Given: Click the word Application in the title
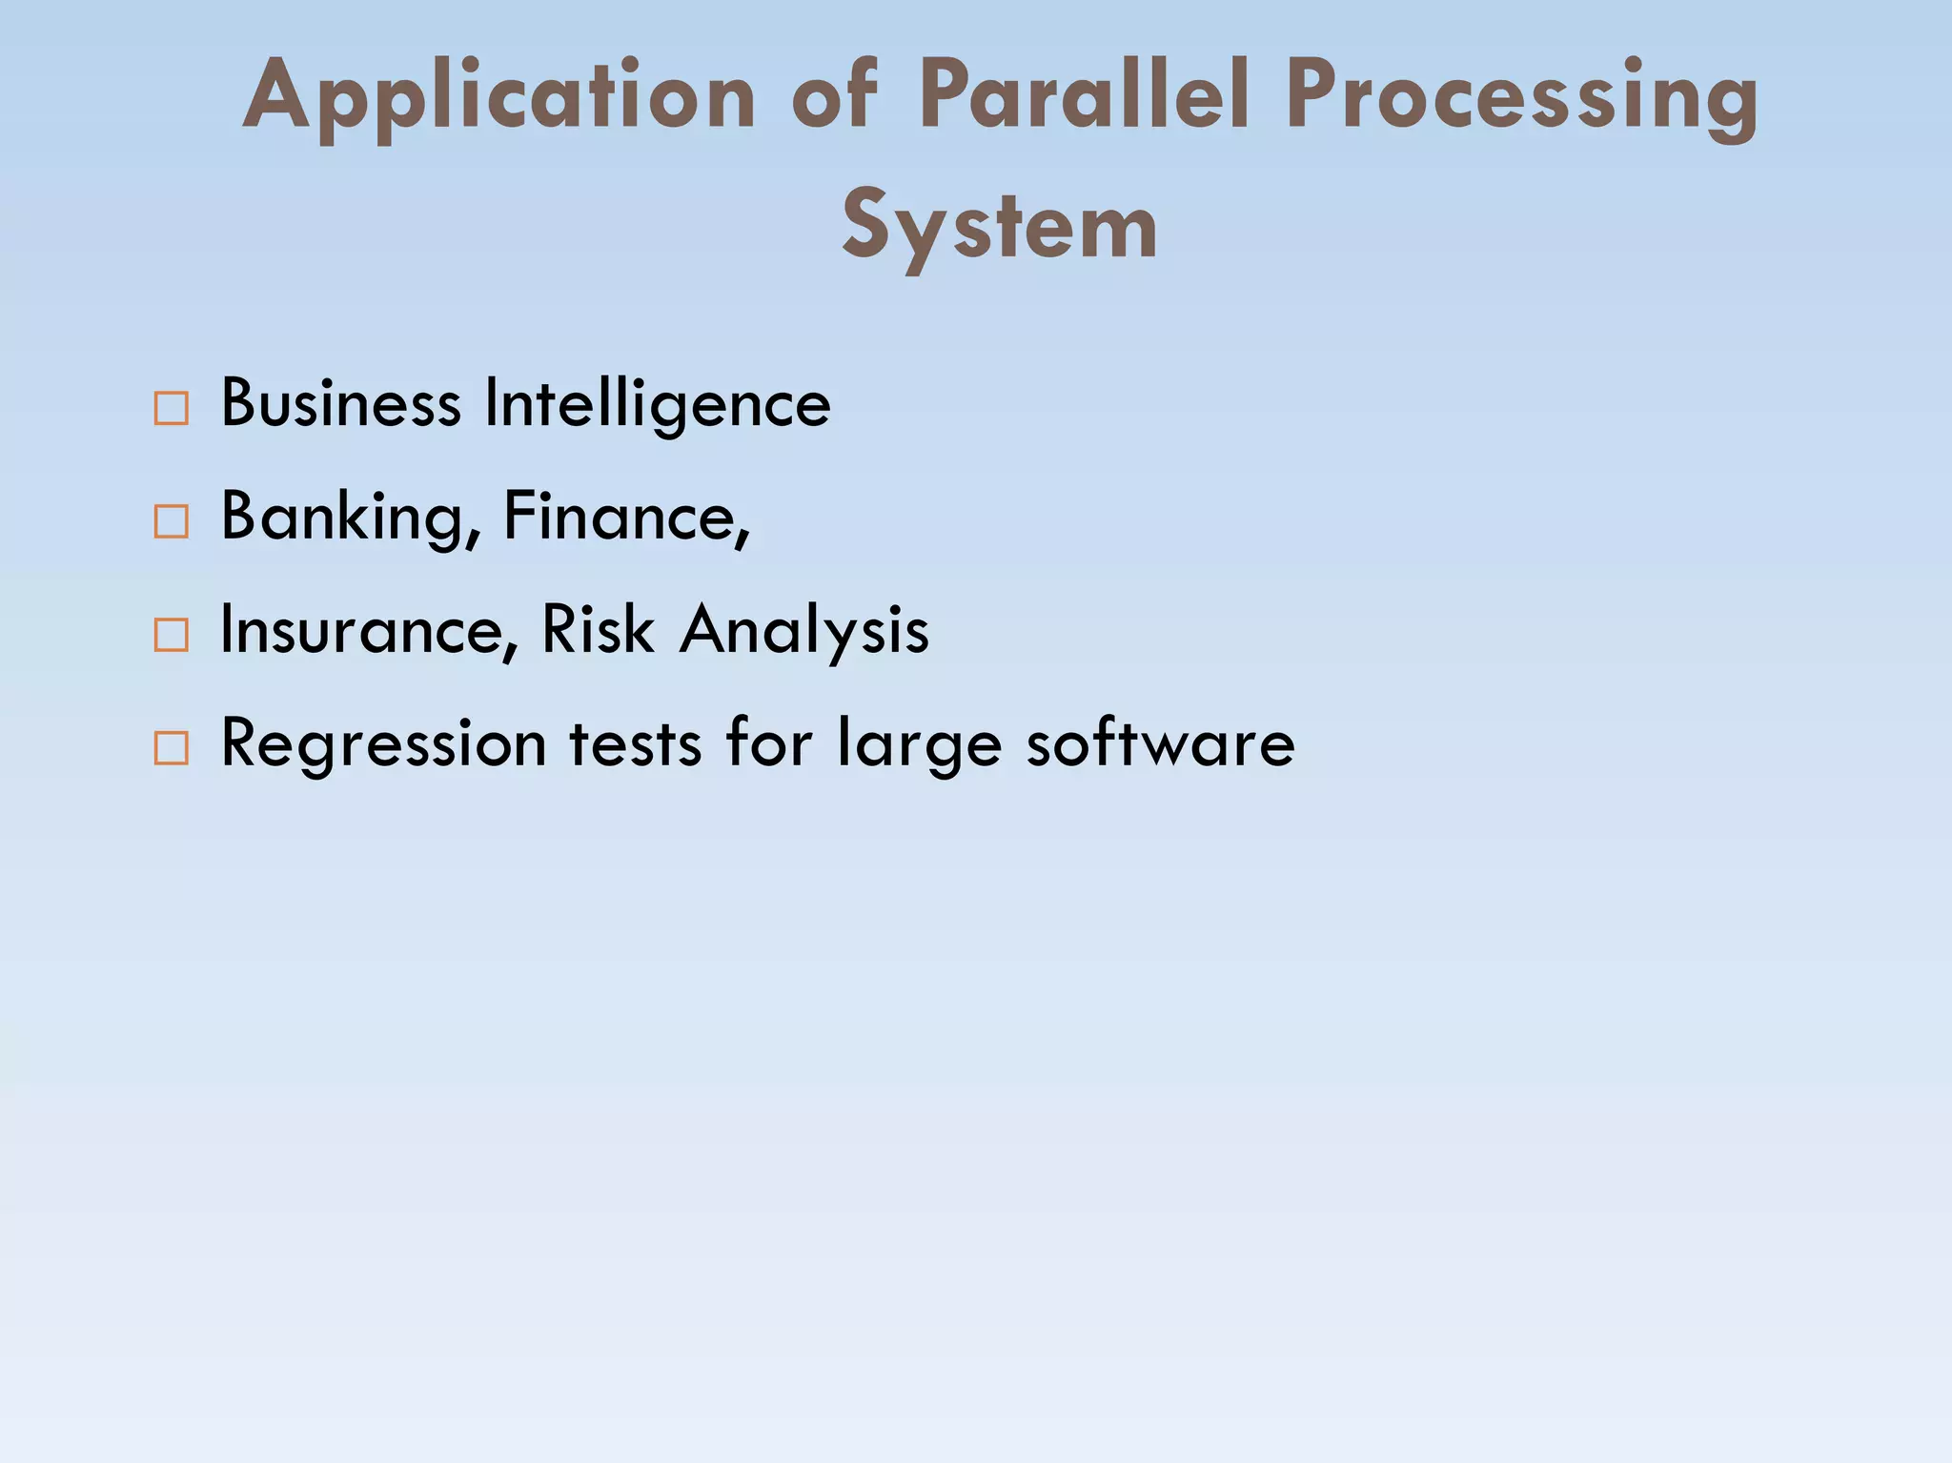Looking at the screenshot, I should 499,97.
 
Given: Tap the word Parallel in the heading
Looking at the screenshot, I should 1084,95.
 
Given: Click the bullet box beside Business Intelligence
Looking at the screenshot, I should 172,409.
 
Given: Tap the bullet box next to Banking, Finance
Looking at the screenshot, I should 172,522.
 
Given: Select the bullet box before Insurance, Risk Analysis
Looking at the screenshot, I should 172,635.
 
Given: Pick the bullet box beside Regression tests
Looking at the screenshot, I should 172,748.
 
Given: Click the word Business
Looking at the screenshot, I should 341,403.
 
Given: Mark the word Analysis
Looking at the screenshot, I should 803,631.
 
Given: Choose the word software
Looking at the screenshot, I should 1160,742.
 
